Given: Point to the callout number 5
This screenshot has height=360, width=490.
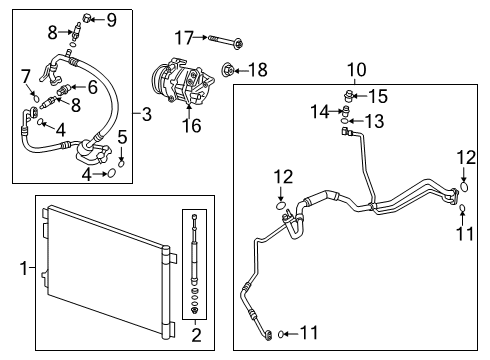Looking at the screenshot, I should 122,137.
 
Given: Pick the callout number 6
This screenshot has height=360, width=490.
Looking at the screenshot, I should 92,88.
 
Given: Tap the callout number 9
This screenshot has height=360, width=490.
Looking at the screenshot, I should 111,19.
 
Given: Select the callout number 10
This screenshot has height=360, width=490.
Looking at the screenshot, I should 355,70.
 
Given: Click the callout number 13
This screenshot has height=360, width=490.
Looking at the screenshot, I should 373,121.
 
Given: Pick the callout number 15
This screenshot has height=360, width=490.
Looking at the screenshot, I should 378,96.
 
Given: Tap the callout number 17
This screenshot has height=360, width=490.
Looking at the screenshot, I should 183,39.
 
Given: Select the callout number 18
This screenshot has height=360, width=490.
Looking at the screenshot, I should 258,69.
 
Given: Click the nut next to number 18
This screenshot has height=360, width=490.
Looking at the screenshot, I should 230,70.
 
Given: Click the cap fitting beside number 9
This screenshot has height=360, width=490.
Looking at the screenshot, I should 89,17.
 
